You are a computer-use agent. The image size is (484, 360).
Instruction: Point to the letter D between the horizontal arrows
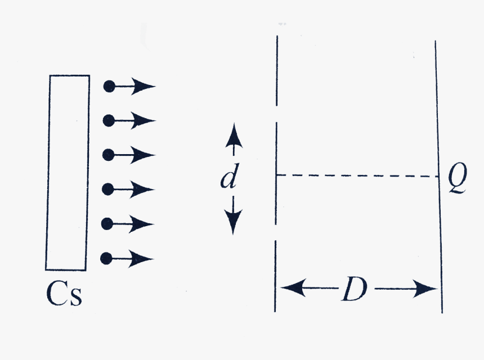(355, 289)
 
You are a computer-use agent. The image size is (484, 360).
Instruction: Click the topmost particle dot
(109, 87)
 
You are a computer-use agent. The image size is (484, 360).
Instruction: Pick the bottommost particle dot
(106, 258)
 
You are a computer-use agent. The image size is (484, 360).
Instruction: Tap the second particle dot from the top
(109, 120)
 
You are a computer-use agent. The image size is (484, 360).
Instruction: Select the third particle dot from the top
(108, 155)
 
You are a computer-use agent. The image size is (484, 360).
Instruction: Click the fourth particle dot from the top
(107, 189)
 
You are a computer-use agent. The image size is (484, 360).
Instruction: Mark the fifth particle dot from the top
(107, 224)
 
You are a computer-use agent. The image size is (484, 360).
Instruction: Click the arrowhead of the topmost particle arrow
(144, 87)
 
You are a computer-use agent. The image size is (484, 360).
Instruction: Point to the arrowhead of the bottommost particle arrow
(141, 259)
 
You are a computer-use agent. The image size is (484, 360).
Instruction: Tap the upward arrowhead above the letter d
(234, 135)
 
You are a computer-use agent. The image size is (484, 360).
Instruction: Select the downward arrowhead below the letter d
(233, 222)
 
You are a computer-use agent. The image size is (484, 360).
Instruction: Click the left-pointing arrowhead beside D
(294, 288)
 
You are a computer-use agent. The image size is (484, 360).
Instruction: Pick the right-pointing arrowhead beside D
(425, 289)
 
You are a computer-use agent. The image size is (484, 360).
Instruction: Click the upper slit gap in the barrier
(276, 114)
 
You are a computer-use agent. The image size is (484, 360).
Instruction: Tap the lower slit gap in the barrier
(276, 233)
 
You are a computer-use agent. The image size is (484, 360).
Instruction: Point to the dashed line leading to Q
(357, 176)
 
